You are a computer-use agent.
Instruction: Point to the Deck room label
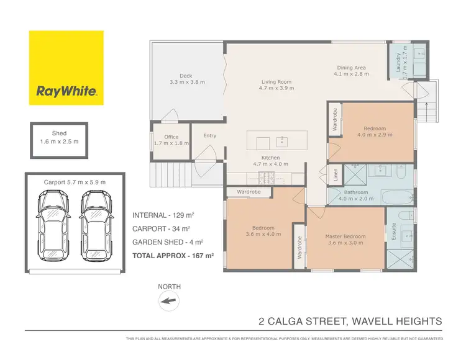pos(186,79)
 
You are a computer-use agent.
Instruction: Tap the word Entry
pos(210,136)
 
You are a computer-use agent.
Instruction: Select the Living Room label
pos(276,85)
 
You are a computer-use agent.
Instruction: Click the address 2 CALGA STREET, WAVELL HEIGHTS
pos(350,321)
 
